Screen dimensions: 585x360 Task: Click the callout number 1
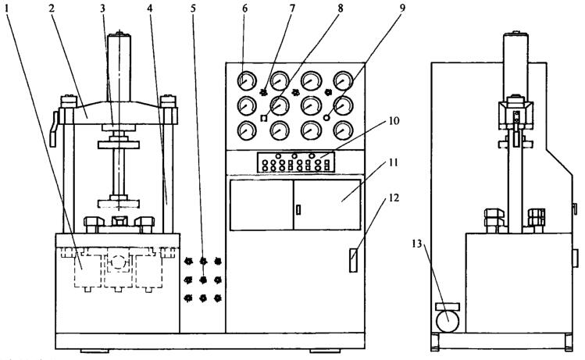[x=7, y=9]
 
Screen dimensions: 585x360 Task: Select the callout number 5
[x=193, y=9]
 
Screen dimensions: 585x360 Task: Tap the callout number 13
[x=417, y=244]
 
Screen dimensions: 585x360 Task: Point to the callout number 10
[x=394, y=120]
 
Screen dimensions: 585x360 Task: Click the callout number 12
[x=394, y=198]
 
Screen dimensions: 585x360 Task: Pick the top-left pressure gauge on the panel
[x=247, y=80]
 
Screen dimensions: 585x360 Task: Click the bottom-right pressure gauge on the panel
[x=343, y=130]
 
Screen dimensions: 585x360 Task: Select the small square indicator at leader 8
[x=264, y=118]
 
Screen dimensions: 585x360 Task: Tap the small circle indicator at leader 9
[x=326, y=117]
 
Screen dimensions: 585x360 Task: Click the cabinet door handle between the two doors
[x=298, y=209]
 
